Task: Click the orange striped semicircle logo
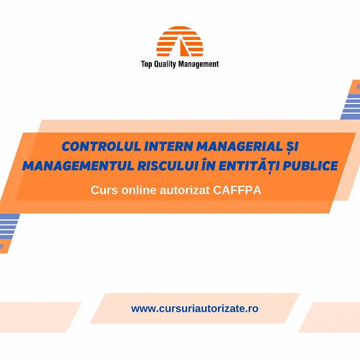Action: (180, 41)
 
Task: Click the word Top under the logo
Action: (146, 64)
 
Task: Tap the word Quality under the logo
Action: (165, 64)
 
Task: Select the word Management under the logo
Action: (198, 64)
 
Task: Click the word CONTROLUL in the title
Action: (101, 146)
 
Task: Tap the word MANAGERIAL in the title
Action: (240, 146)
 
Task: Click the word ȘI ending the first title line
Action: (292, 147)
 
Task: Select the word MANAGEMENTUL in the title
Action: (78, 166)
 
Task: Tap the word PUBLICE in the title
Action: (310, 166)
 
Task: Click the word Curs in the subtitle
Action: (104, 190)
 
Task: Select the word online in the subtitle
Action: (139, 190)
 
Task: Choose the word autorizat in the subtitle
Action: (185, 190)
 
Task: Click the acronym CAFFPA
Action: (237, 190)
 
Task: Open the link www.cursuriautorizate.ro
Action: (194, 308)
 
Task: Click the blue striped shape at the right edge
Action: (351, 100)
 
